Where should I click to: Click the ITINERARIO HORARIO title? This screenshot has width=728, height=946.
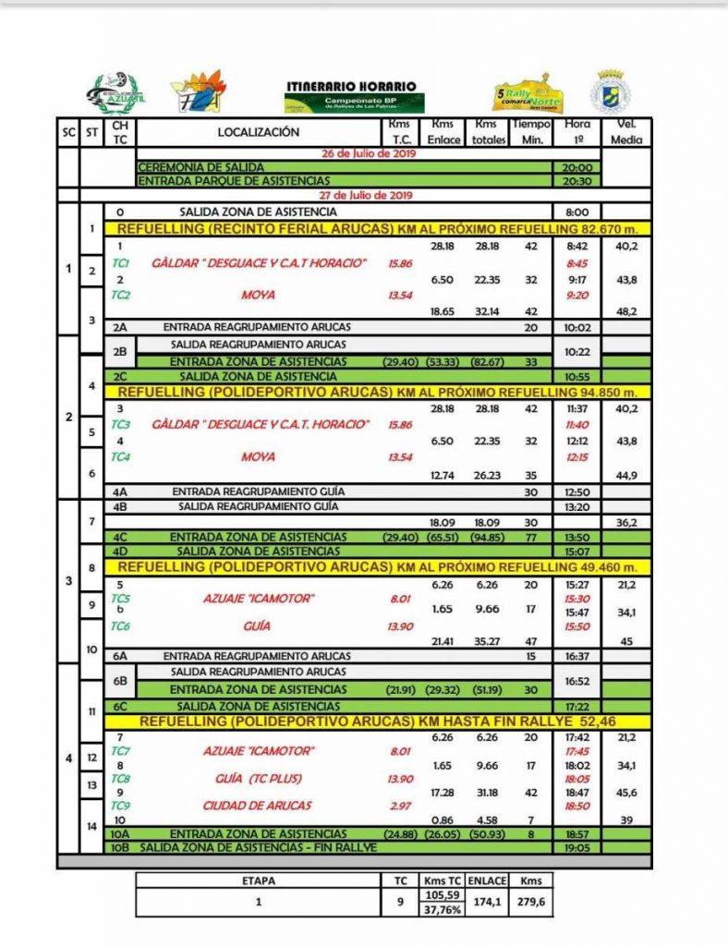(351, 86)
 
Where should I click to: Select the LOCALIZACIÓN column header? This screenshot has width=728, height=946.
(259, 132)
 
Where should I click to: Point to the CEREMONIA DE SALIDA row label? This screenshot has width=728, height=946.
(192, 167)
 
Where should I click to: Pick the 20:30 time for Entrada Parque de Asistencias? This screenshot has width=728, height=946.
(576, 181)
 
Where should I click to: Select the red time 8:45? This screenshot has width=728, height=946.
(576, 263)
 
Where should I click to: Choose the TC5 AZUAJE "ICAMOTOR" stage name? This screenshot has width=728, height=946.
(259, 599)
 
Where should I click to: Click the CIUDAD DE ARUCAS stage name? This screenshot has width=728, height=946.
(259, 805)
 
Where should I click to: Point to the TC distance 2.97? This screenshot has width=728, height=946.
(399, 805)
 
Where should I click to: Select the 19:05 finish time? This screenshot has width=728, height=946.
(576, 846)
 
